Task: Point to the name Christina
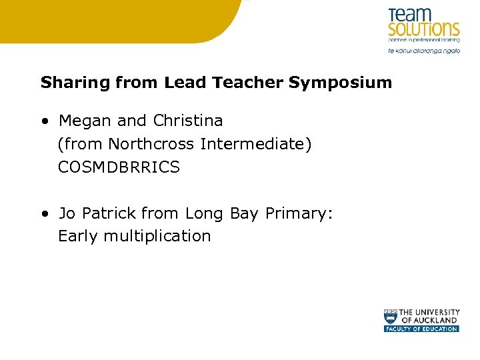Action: pyautogui.click(x=188, y=121)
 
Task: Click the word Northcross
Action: pyautogui.click(x=151, y=144)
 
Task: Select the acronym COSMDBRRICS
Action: pyautogui.click(x=119, y=167)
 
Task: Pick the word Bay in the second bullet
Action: pyautogui.click(x=243, y=214)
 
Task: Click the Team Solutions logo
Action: pyautogui.click(x=423, y=23)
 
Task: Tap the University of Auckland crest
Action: pyautogui.click(x=390, y=316)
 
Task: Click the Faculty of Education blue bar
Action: pyautogui.click(x=421, y=329)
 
